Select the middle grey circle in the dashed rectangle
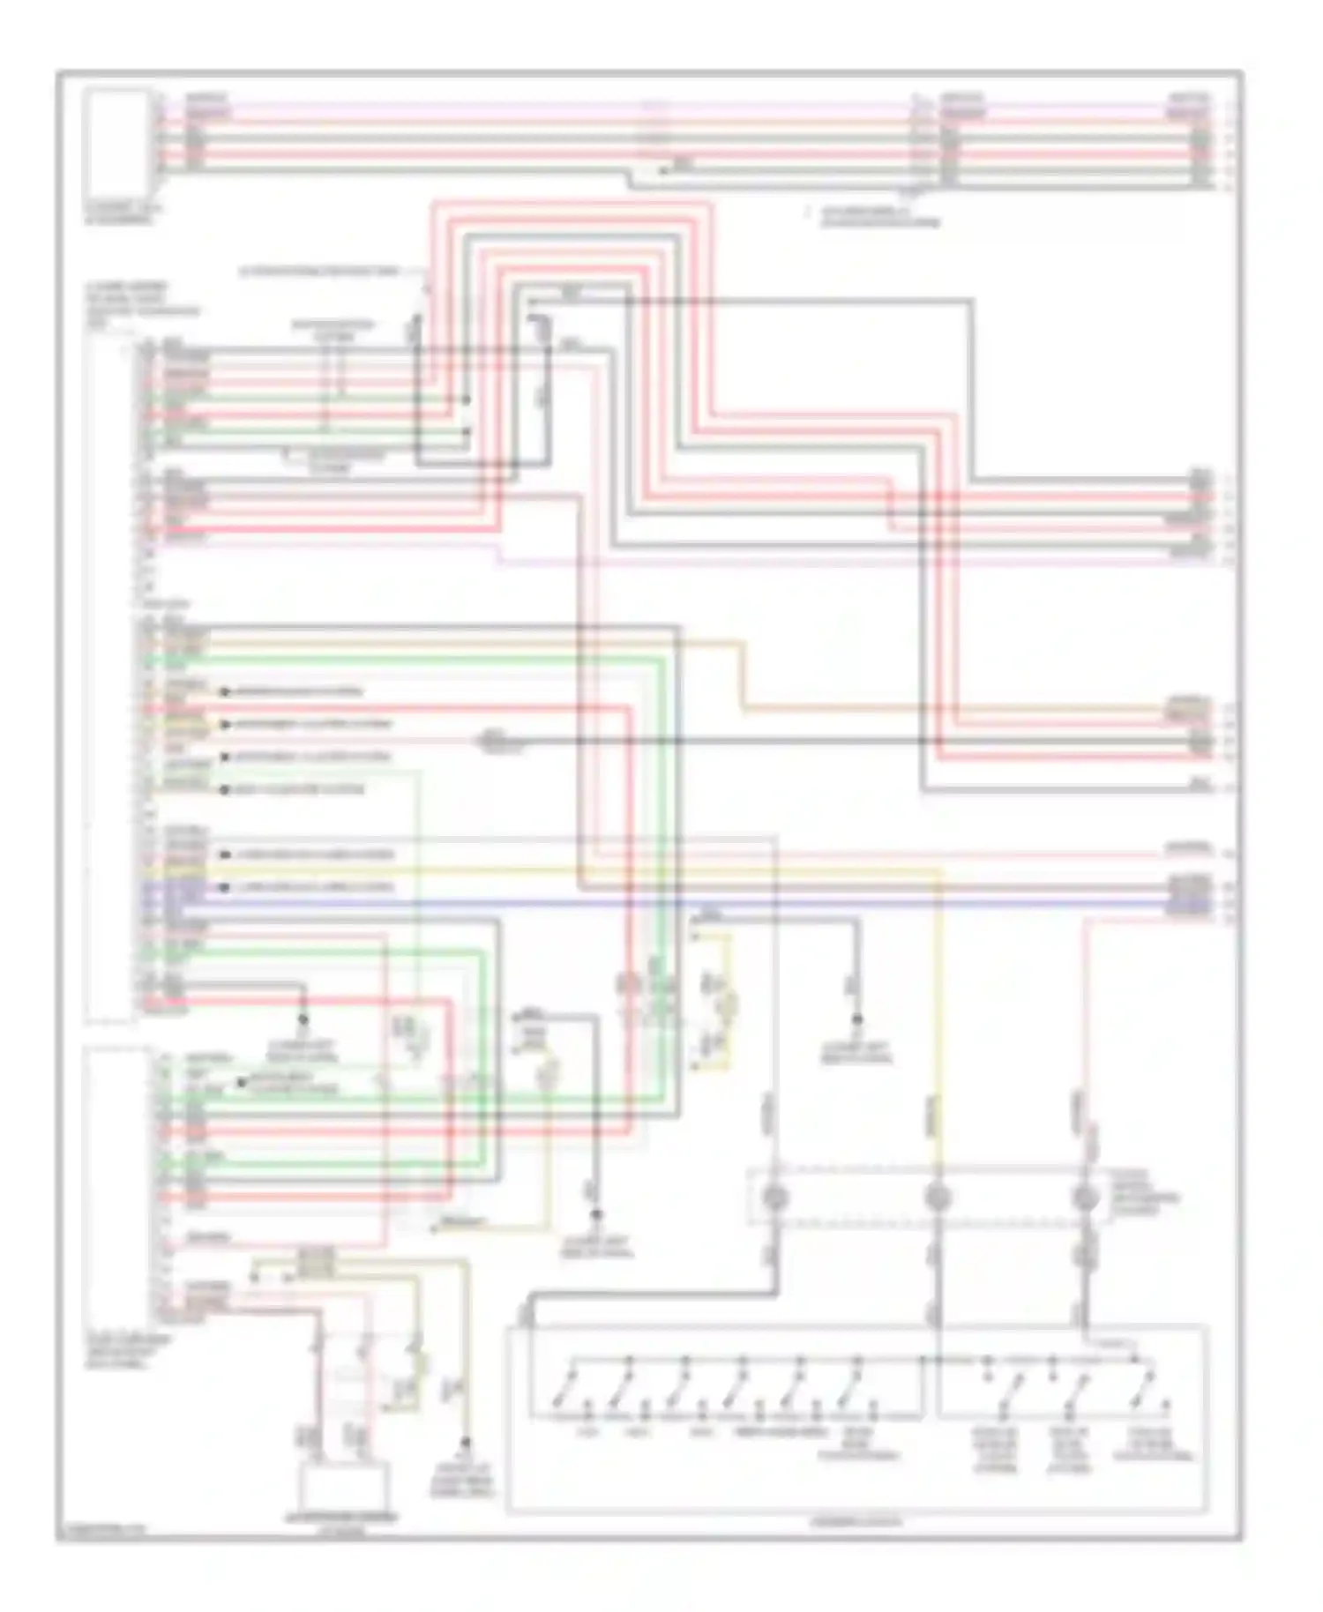tap(936, 1198)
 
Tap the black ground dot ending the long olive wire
tap(465, 1443)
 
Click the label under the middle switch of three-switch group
tap(1070, 1450)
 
